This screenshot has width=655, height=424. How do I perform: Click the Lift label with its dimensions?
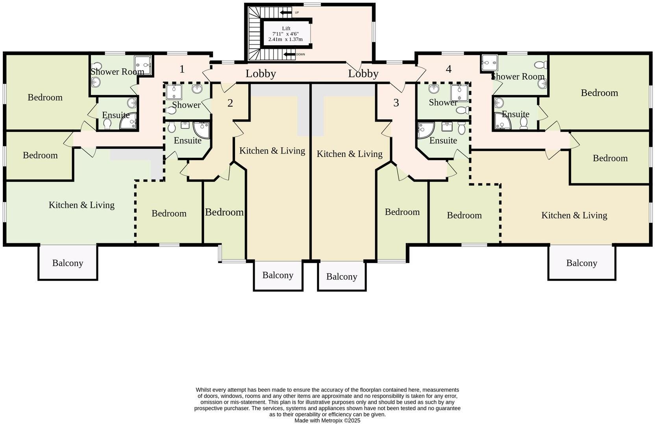click(286, 34)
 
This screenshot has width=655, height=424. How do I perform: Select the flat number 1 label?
click(182, 69)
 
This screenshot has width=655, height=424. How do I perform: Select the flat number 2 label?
click(230, 103)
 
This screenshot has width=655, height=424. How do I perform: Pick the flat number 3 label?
click(396, 103)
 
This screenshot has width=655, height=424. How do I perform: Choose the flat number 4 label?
click(448, 69)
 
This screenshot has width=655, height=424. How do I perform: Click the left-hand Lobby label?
click(261, 74)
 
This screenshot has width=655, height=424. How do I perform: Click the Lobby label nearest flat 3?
click(363, 74)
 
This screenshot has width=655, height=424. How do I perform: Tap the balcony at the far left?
click(68, 263)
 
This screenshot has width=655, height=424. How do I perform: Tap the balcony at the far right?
click(581, 263)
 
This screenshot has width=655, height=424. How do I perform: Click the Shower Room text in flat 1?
click(117, 72)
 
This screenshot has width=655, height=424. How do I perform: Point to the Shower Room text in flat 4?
click(518, 76)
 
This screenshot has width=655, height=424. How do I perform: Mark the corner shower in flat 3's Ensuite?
click(425, 130)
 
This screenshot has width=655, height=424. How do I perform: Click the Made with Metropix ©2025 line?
click(327, 420)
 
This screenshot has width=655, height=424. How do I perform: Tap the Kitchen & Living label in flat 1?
click(81, 205)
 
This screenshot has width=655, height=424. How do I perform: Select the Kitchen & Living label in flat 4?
click(574, 215)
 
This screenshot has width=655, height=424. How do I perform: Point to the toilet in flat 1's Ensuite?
click(107, 124)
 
